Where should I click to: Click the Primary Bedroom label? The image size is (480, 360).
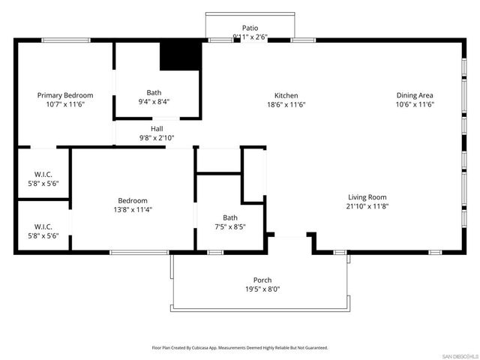65,95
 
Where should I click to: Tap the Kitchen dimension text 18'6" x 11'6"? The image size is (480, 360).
286,105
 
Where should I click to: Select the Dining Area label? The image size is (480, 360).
415,95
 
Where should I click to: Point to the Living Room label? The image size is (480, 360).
367,196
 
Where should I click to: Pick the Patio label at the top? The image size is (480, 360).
250,28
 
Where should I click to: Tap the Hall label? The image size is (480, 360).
156,129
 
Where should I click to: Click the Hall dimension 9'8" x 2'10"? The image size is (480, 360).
156,138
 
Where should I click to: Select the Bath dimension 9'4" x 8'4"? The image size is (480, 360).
154,102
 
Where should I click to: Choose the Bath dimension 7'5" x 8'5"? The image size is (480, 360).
229,226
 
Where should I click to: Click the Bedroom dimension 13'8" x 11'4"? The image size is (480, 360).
132,210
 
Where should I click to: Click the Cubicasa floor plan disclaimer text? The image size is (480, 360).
240,348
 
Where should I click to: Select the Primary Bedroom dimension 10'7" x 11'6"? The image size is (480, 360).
65,105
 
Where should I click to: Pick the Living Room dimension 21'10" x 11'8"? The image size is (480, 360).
367,206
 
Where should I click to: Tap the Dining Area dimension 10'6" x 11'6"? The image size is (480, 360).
415,105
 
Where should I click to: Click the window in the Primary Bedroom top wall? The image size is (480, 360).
66,40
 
